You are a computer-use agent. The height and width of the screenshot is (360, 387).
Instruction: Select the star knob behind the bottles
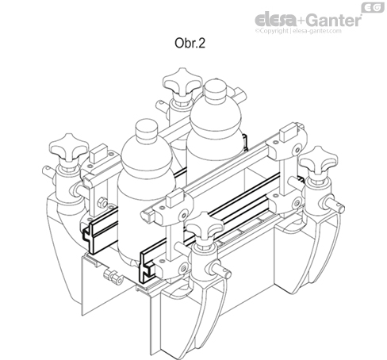click(177, 84)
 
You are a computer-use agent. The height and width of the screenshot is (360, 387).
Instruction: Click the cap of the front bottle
click(145, 132)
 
